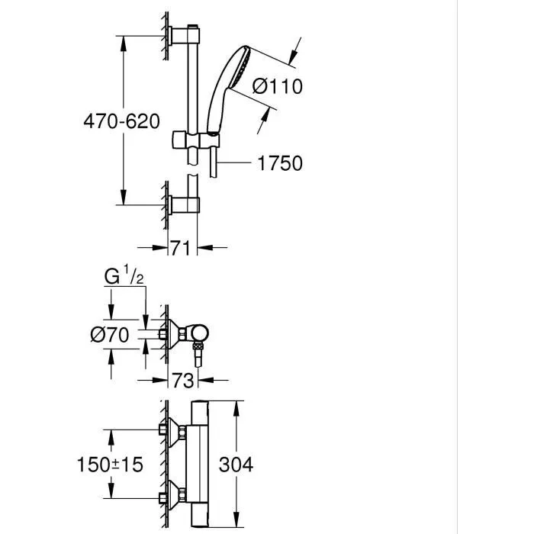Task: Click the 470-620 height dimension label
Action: coord(122,121)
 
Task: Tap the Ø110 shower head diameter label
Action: coord(277,87)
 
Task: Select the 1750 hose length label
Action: coord(281,163)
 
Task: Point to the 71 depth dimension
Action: coord(182,247)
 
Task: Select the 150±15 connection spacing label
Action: coord(111,464)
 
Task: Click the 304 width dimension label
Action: coord(237,464)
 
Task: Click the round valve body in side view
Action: coord(200,333)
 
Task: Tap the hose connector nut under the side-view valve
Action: coord(200,353)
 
